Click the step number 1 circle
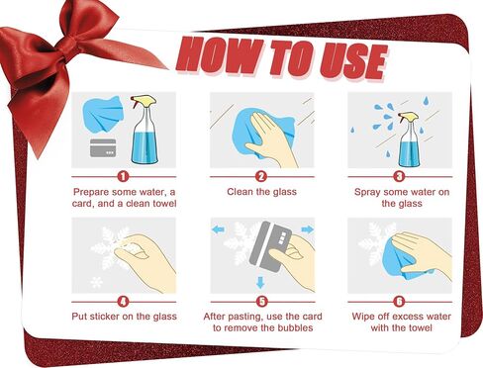click(x=123, y=177)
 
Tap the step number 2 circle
click(x=261, y=177)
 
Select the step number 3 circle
click(x=399, y=177)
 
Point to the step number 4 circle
click(x=123, y=302)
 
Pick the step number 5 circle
click(x=262, y=302)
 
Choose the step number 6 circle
click(x=399, y=302)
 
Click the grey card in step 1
click(x=103, y=147)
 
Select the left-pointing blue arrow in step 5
click(x=218, y=230)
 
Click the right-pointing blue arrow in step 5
click(x=308, y=230)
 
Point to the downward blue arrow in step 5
click(x=260, y=283)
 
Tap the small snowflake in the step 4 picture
click(x=97, y=282)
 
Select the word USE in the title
click(x=353, y=62)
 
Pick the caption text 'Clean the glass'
click(x=261, y=192)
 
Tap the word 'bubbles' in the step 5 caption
click(x=295, y=327)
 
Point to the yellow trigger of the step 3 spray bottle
click(x=409, y=117)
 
